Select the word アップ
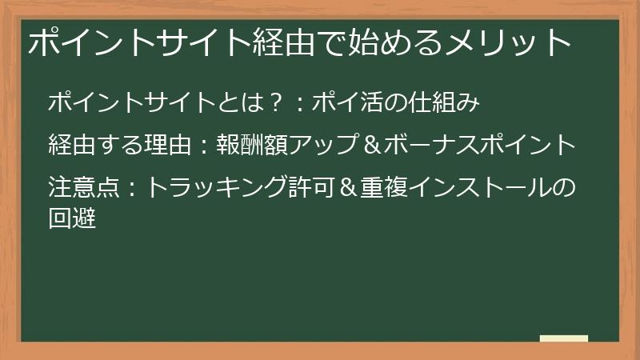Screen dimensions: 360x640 (x=319, y=146)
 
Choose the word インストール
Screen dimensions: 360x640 (x=479, y=189)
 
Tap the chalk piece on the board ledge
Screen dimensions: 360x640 (x=564, y=338)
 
